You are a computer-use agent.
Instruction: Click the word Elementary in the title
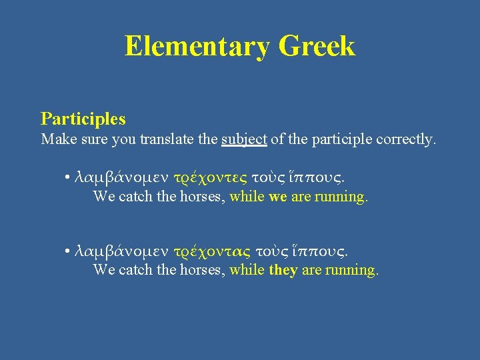tap(197, 47)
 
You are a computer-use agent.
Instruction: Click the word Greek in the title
tap(317, 47)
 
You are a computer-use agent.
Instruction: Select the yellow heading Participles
tap(83, 119)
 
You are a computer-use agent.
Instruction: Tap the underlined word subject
tap(244, 140)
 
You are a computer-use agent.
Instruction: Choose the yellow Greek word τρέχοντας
tap(211, 251)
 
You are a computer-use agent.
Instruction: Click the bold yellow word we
tap(278, 197)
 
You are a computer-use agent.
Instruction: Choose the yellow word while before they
tap(247, 270)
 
